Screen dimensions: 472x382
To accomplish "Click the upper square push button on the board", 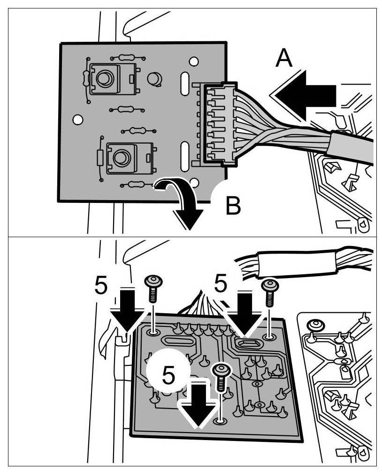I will (104, 77).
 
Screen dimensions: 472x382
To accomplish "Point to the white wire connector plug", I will (218, 124).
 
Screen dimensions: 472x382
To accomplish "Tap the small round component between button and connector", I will (154, 78).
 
